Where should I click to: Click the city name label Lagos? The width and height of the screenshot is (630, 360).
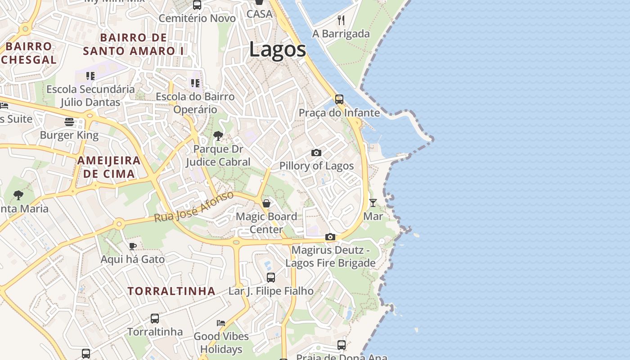pos(278,49)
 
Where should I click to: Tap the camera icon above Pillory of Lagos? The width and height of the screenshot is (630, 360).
pos(316,153)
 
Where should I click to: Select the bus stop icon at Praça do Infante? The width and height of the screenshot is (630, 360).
pos(339,99)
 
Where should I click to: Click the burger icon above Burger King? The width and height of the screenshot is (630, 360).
pos(69,122)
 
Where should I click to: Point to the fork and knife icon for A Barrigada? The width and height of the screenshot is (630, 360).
pos(341,20)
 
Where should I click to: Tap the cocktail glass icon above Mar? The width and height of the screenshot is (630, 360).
pos(373,203)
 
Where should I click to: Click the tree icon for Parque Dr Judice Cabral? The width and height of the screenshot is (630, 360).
pos(218,135)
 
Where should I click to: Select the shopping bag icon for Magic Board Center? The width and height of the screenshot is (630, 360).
pos(266,203)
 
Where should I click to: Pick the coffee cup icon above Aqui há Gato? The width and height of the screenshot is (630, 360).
pos(132,246)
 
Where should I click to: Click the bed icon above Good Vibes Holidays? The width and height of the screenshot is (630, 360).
pos(221,323)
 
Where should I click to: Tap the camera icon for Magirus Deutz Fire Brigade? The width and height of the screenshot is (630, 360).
pos(330,237)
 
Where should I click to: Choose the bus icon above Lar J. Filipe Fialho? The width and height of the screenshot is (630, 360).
pos(270,278)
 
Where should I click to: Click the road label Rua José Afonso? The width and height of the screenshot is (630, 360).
pos(193,207)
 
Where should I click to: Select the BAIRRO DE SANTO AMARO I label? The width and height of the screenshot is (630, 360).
pos(133,44)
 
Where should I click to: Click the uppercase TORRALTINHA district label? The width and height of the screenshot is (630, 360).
pos(171,291)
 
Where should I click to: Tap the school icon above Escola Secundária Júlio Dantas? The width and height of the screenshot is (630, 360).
pos(90,76)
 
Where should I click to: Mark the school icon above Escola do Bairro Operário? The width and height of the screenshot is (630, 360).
pos(195,83)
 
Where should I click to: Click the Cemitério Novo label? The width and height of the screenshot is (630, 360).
pos(197,18)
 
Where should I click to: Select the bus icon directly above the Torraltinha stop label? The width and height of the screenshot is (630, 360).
pos(155,319)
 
